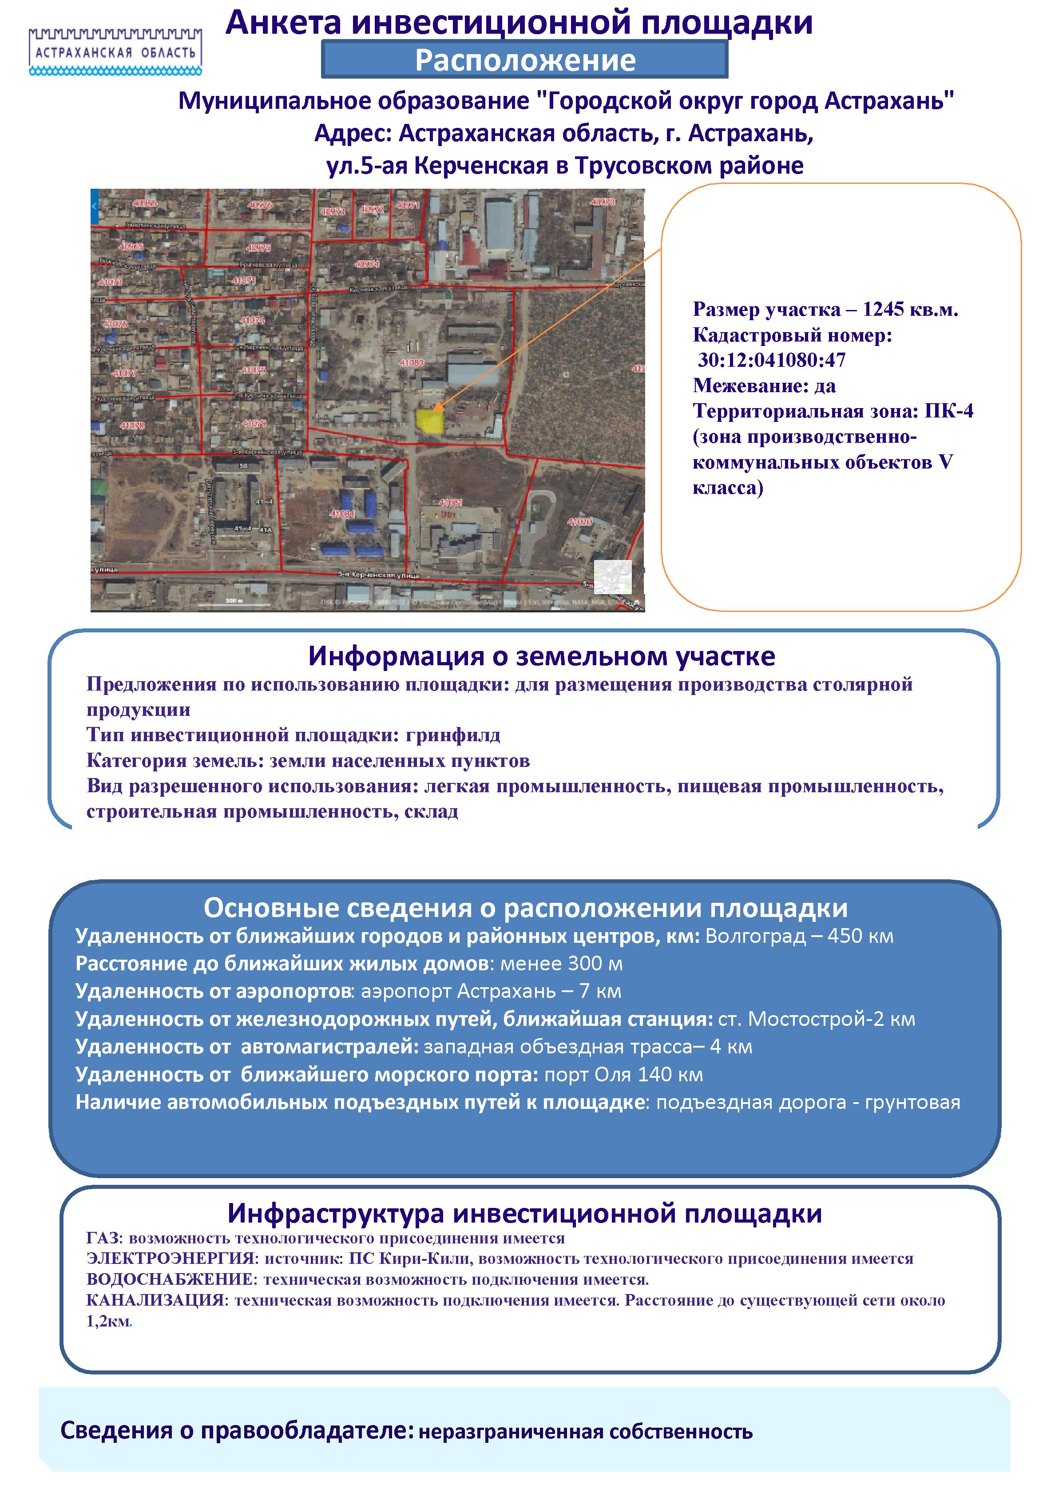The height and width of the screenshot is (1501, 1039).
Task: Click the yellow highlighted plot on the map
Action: [430, 421]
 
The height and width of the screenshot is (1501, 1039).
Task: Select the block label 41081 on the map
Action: [451, 503]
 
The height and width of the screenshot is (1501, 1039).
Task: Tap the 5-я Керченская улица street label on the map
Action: [378, 576]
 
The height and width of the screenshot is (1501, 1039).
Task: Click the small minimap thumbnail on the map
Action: [613, 577]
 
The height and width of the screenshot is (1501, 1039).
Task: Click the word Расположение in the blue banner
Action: [525, 60]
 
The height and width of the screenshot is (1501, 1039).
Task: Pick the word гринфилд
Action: [453, 735]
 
